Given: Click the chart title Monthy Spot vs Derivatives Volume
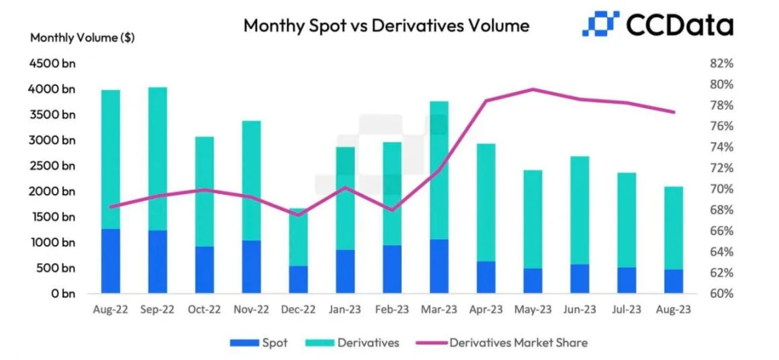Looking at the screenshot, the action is pos(386,25).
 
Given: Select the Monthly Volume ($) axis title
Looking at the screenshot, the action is pos(82,38).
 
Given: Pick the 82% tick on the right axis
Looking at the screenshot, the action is pos(720,64).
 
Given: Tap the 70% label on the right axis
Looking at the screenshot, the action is pos(720,189).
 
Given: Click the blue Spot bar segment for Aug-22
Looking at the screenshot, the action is pos(111,261).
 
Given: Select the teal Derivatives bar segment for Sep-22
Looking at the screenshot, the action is pos(158,159).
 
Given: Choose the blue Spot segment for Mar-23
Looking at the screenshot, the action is pos(439,266).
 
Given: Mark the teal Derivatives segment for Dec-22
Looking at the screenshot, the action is pos(298,237).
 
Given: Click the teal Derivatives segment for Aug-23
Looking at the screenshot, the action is pos(673,228).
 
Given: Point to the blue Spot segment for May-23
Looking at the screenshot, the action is pos(533,281).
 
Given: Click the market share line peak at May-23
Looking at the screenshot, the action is pos(533,90).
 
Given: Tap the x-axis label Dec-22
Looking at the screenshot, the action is pos(298,309).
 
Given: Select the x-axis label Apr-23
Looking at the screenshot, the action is pos(486,309).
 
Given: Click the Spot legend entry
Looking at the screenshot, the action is pos(259,342).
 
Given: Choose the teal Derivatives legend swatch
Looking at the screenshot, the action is pos(319,342).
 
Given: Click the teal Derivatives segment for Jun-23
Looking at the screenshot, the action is pos(579,210).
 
